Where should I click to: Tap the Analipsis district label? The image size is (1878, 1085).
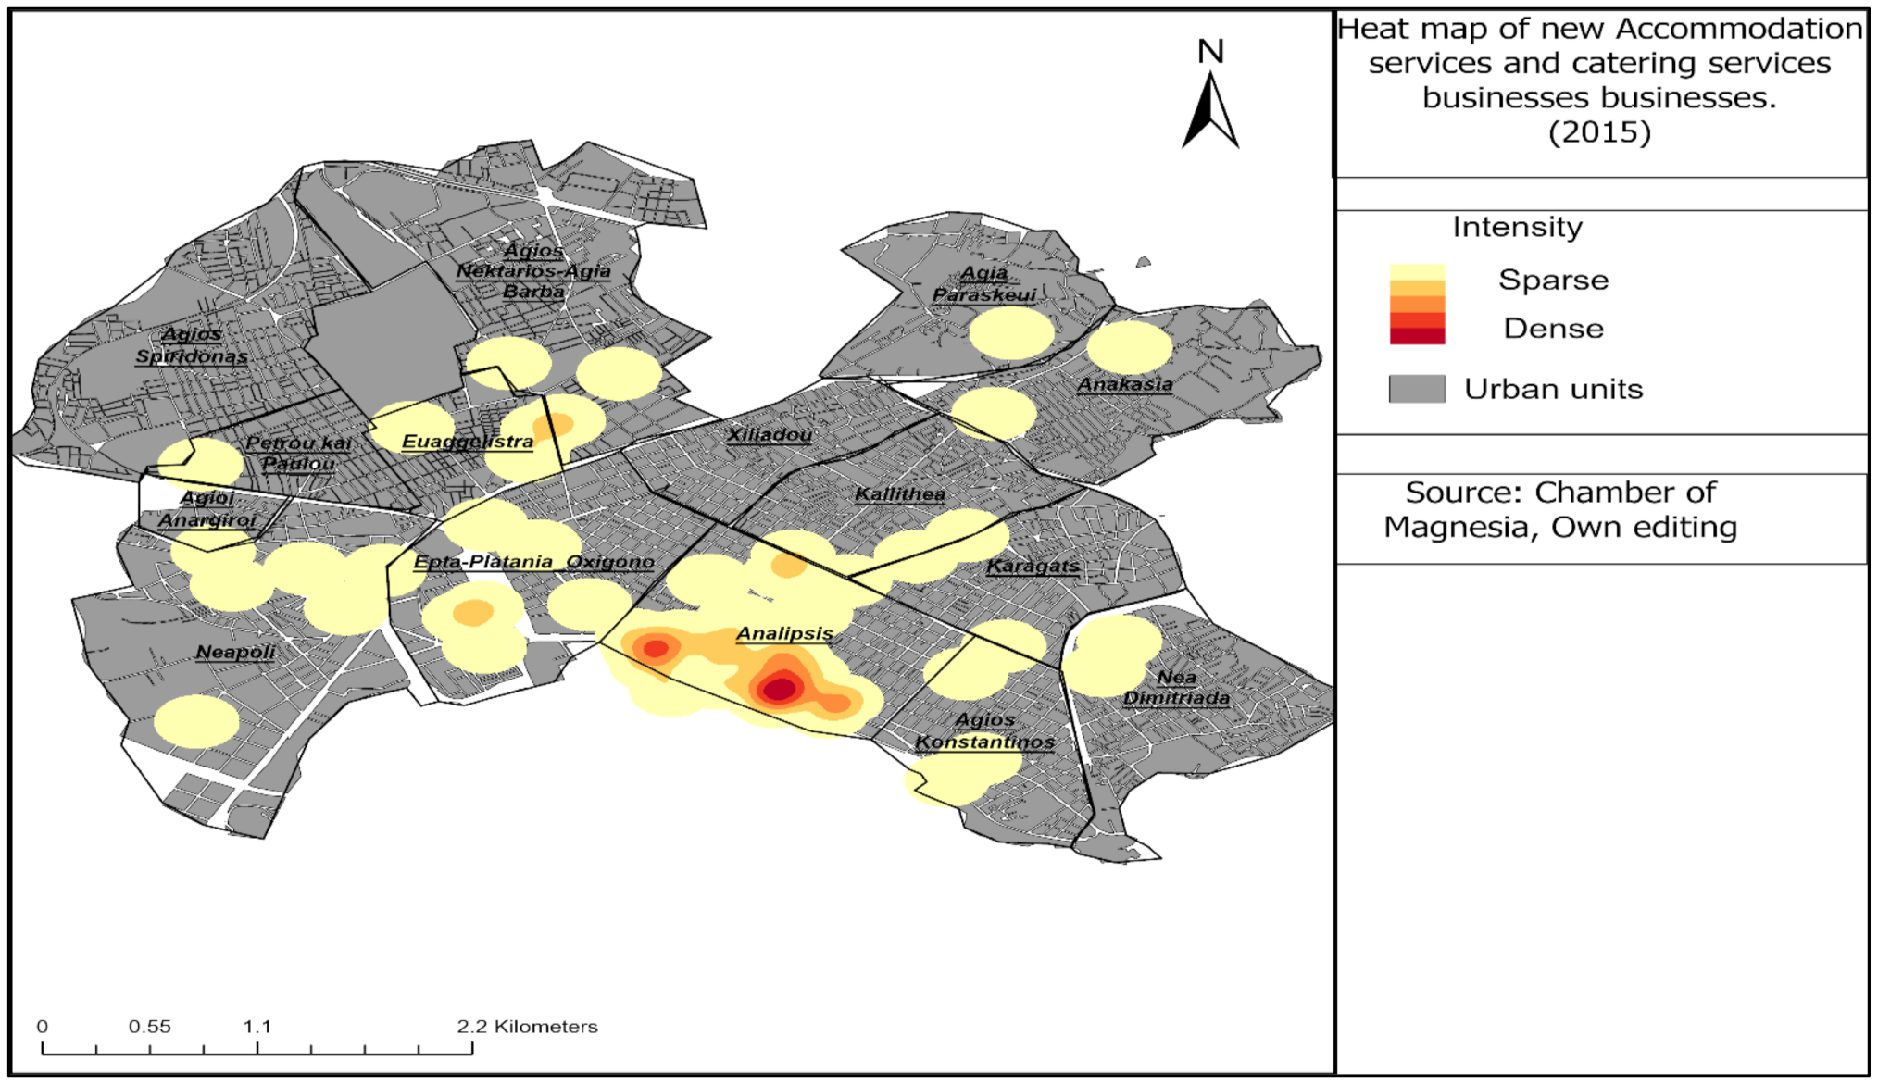[784, 633]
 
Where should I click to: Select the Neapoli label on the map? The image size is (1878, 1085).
[235, 652]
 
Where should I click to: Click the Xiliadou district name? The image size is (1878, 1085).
[770, 434]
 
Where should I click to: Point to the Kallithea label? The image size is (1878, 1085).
[900, 493]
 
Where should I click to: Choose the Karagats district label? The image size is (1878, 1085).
[1033, 566]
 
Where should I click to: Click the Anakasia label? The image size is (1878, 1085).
[1125, 383]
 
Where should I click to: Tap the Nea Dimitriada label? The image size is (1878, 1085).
[1176, 688]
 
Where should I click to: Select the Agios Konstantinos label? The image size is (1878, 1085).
[984, 730]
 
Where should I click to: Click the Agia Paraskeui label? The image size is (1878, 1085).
[983, 284]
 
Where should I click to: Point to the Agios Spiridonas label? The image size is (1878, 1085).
[192, 345]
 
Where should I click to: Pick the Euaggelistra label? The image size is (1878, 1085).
[468, 442]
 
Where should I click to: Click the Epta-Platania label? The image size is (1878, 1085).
[482, 562]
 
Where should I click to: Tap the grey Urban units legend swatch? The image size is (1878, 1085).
[1416, 389]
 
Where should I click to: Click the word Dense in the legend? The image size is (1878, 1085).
[1553, 329]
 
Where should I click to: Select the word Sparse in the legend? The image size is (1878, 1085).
[1553, 280]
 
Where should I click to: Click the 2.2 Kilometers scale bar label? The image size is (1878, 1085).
[527, 1026]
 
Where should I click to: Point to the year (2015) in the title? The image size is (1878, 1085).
[1599, 131]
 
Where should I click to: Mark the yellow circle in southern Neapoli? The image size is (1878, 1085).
[195, 721]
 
